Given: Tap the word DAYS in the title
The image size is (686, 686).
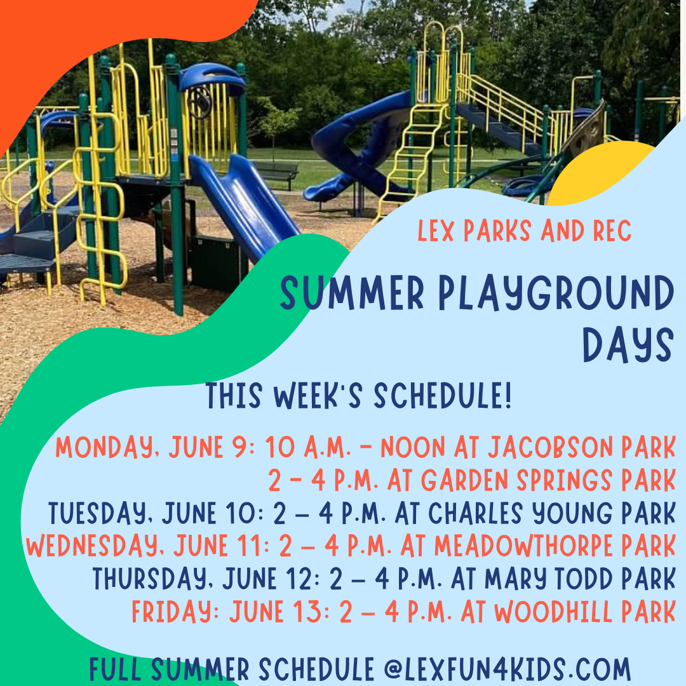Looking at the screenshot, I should coord(628,346).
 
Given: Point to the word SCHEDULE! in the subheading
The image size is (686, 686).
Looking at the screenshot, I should coord(442,397).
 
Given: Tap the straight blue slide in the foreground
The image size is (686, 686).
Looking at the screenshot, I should coord(245,203).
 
